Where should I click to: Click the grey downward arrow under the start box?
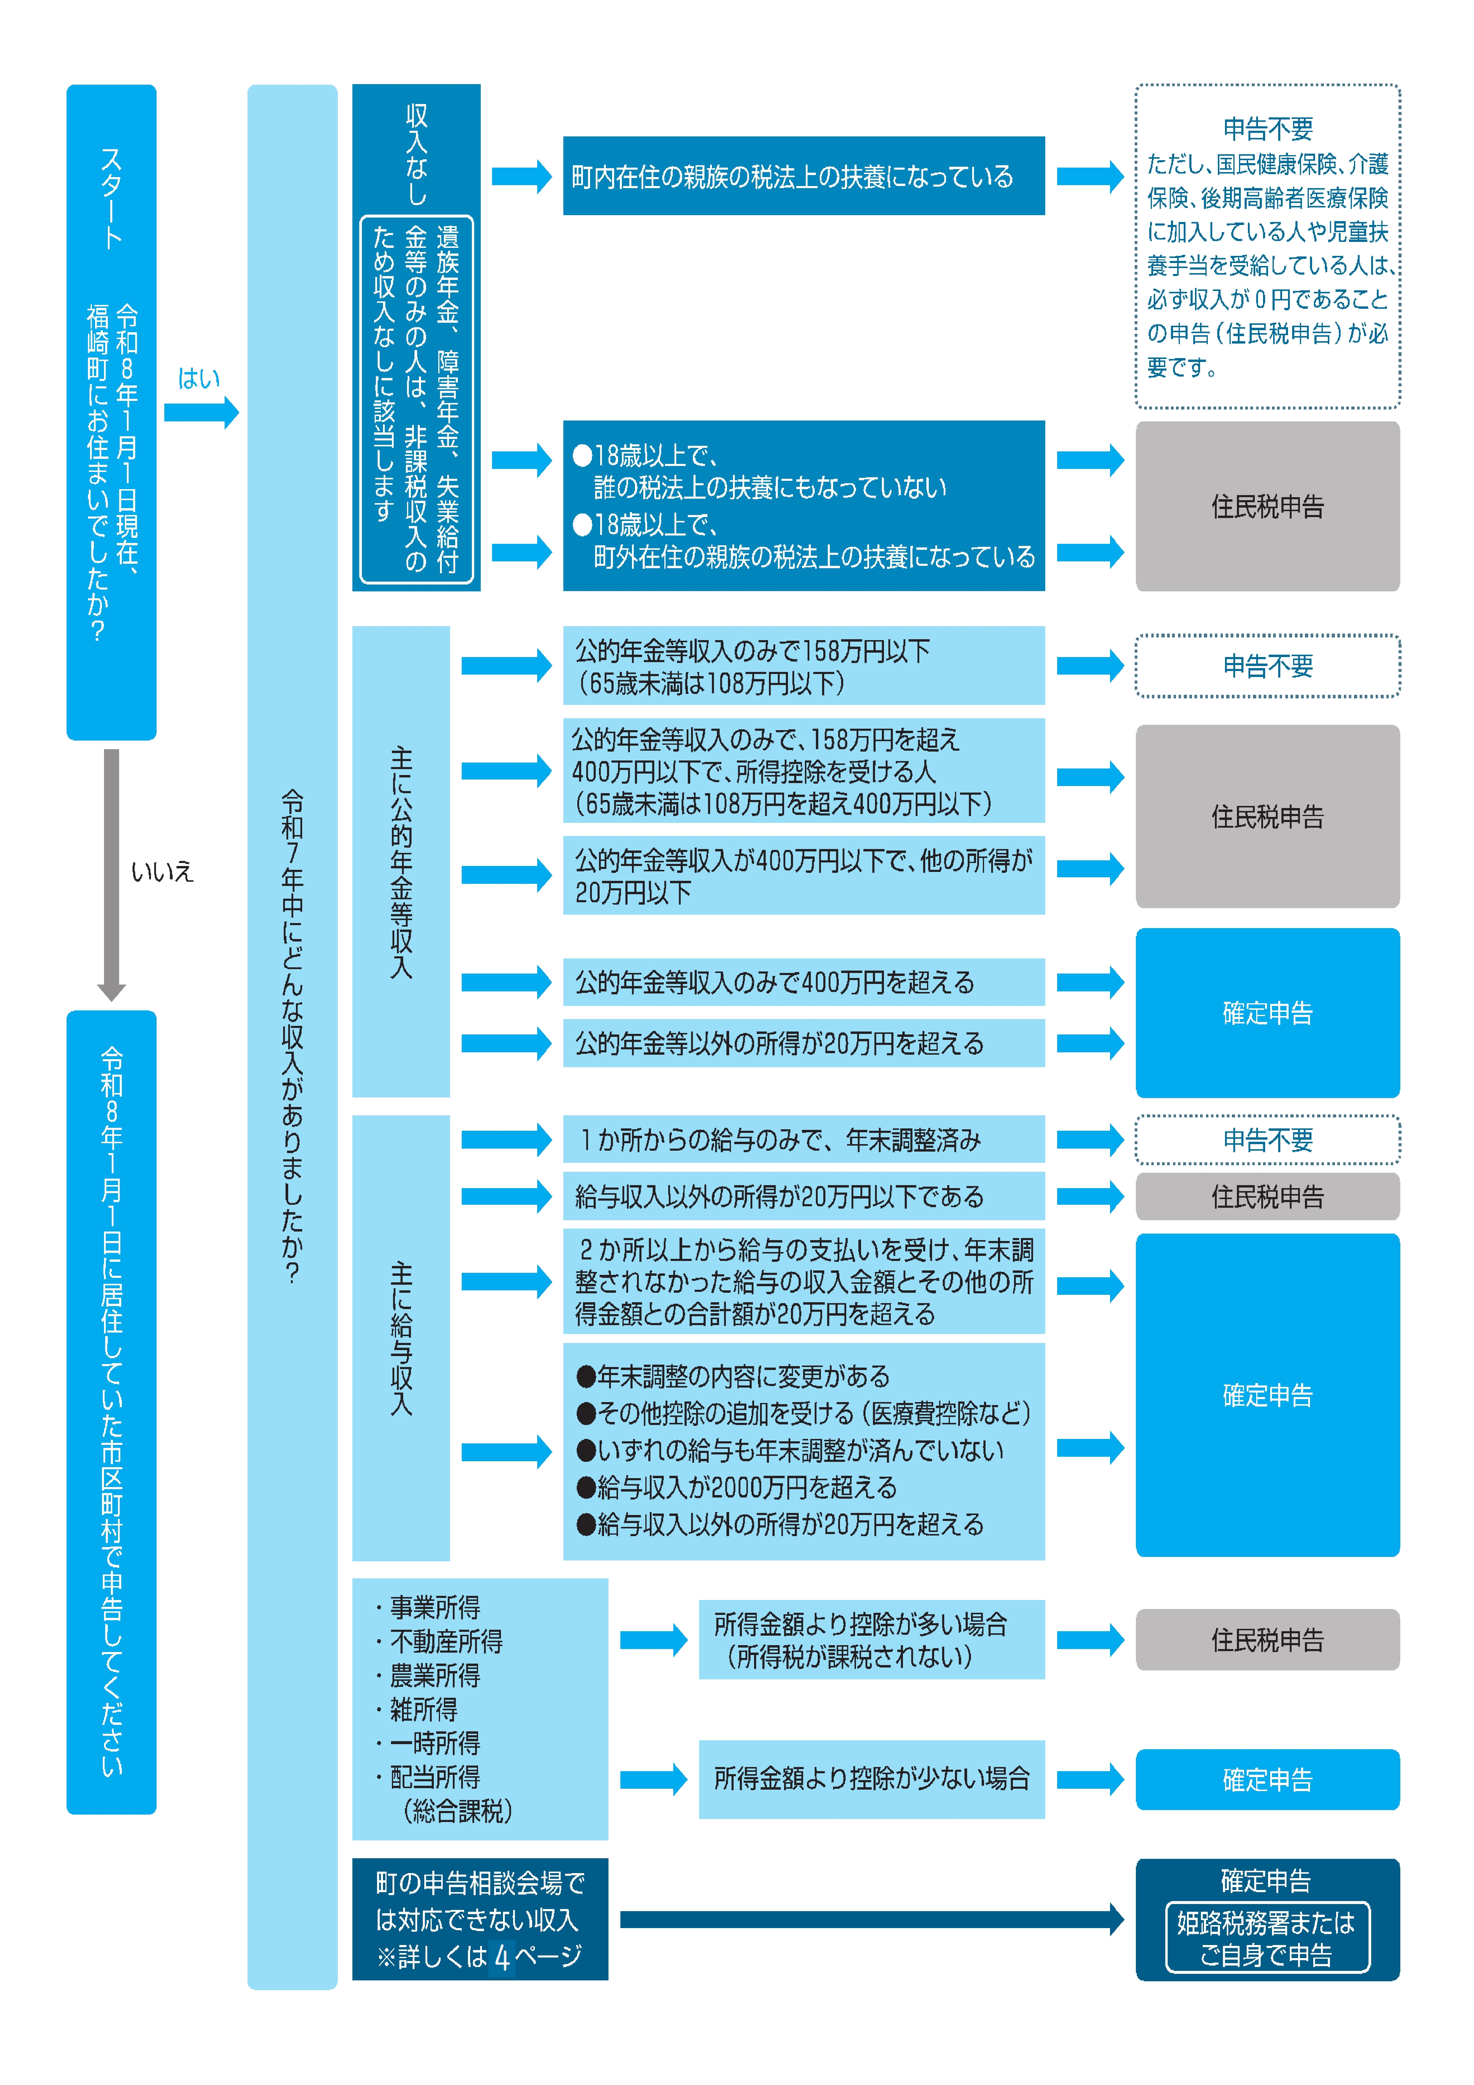112,872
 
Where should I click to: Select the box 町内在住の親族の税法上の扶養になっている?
803,176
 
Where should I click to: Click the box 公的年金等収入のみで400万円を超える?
803,982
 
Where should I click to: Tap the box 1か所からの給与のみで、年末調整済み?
803,1140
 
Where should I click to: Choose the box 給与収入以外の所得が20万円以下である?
803,1196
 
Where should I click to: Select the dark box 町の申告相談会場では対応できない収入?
480,1919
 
